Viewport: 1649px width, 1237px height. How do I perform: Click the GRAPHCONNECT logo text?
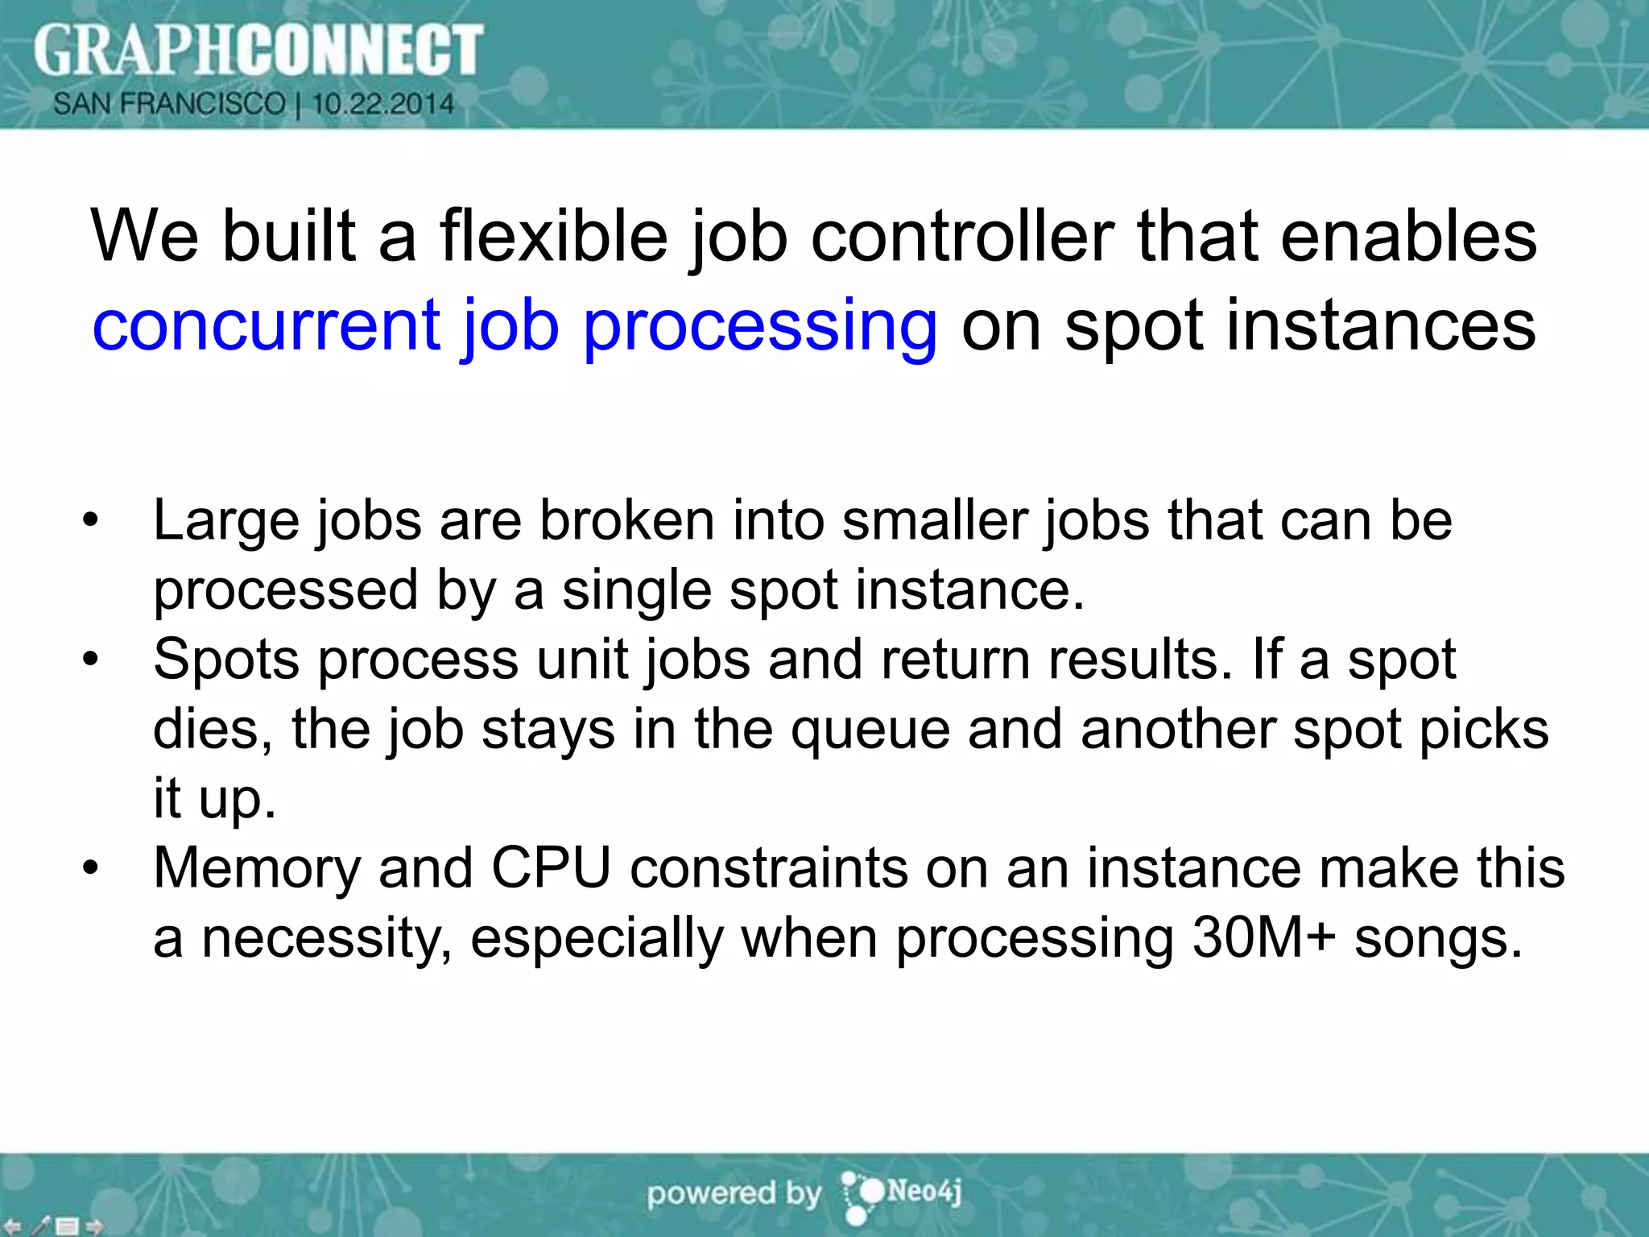[x=258, y=50]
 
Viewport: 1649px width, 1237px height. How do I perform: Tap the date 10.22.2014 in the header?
[x=383, y=104]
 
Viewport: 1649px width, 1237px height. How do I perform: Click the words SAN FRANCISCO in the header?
[x=170, y=104]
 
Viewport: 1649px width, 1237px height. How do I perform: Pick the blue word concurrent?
[x=267, y=326]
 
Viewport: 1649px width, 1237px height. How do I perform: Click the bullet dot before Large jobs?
[x=90, y=520]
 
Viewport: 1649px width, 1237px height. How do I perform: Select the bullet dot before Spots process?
[x=90, y=660]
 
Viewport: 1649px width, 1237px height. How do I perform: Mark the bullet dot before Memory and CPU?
[x=90, y=868]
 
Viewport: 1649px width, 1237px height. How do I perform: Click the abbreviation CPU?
[x=552, y=868]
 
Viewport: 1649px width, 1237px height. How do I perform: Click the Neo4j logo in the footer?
[x=902, y=1193]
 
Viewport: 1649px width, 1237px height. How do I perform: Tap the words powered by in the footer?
[x=734, y=1194]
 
